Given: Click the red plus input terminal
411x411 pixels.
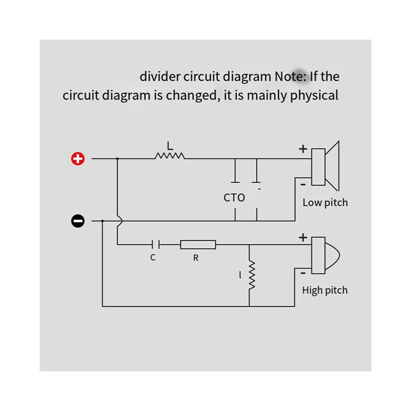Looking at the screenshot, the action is (x=78, y=159).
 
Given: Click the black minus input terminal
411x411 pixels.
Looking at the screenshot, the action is (x=78, y=221).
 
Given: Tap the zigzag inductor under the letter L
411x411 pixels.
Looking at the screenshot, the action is (x=170, y=156).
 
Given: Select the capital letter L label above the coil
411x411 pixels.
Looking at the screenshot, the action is (x=170, y=146).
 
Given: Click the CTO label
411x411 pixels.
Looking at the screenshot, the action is (x=234, y=198).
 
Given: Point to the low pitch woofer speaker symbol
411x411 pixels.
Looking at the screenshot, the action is (x=325, y=166).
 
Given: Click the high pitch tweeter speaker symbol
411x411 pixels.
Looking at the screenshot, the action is (x=325, y=255).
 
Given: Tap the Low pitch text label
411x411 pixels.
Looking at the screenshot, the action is (x=325, y=203).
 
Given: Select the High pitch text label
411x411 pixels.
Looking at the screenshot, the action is (x=325, y=291).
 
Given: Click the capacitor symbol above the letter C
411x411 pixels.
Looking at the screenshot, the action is (x=156, y=245).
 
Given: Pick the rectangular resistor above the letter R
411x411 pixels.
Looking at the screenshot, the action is (x=198, y=245).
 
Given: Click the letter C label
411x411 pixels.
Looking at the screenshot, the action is (x=153, y=258).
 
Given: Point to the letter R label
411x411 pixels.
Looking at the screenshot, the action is (x=196, y=258).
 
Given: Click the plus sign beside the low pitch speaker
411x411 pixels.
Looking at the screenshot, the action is (x=303, y=149).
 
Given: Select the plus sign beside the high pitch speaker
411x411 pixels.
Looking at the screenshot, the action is (x=303, y=237).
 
